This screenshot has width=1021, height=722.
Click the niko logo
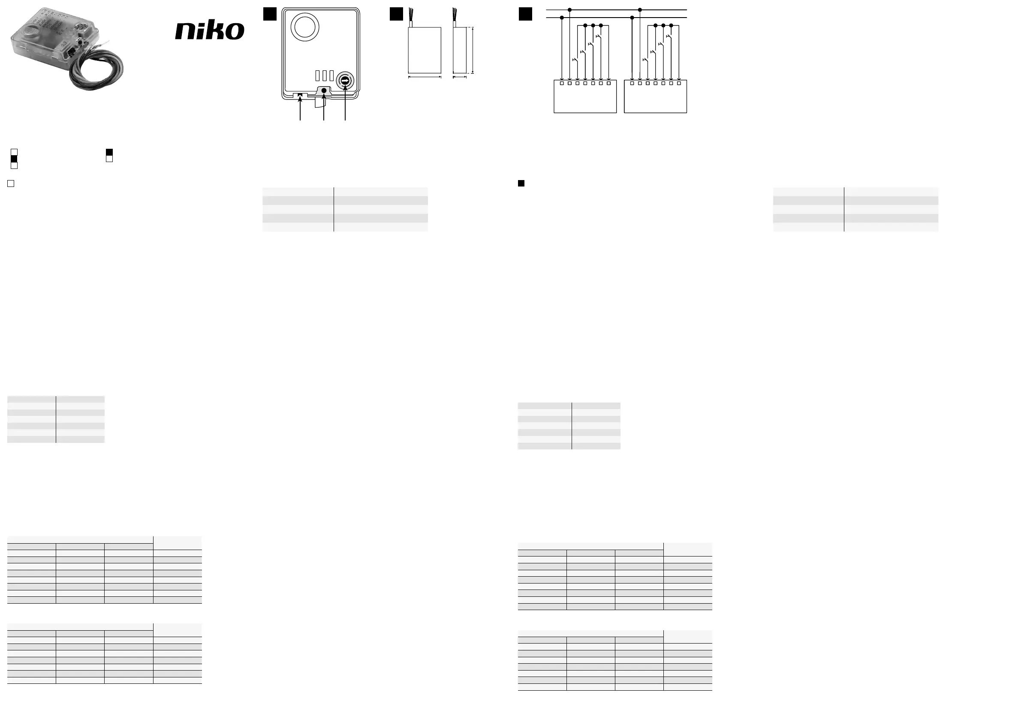[x=209, y=30]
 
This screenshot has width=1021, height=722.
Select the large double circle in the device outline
[x=304, y=27]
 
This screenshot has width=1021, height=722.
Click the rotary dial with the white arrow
[x=345, y=81]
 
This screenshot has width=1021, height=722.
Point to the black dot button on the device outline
[x=324, y=91]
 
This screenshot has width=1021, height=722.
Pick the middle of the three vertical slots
[x=325, y=75]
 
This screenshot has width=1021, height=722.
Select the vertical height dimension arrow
[x=473, y=50]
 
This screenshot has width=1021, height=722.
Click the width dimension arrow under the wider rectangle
[x=425, y=77]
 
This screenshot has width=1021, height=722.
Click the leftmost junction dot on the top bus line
[x=569, y=10]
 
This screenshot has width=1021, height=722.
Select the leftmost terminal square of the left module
[x=562, y=83]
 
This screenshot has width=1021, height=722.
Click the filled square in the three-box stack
[x=14, y=159]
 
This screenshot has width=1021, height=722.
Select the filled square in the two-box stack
[x=109, y=152]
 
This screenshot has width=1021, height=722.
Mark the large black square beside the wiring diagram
[x=525, y=14]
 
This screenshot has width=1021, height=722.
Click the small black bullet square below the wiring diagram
[x=521, y=183]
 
